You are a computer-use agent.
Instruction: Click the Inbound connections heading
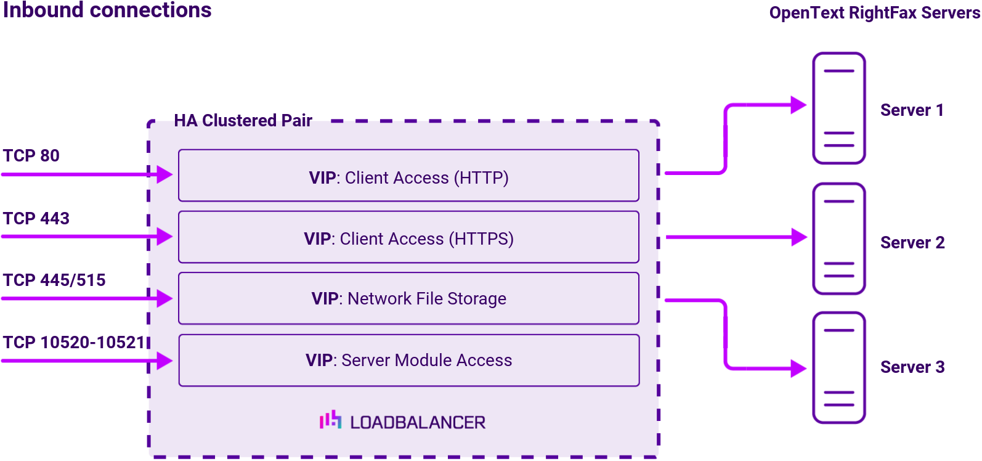tap(107, 10)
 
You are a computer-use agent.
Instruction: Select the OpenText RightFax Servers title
tap(874, 13)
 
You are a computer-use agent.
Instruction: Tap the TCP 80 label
tap(31, 155)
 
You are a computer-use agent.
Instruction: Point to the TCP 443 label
tap(36, 218)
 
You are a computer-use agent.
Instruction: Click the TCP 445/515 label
tap(54, 280)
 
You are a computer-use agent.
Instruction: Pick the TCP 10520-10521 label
tap(74, 342)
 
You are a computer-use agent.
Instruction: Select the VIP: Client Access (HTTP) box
tap(408, 176)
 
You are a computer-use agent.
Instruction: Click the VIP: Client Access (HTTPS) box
tap(408, 237)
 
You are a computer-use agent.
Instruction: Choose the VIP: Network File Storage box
tap(408, 298)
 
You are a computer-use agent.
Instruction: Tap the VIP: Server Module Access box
tap(408, 361)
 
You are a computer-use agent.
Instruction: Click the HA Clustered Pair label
tap(243, 120)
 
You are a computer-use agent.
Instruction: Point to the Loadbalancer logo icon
tap(330, 420)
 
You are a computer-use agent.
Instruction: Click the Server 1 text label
tap(912, 110)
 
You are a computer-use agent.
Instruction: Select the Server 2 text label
tap(912, 242)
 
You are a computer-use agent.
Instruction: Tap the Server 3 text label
tap(912, 367)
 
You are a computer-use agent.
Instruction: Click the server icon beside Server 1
tap(839, 108)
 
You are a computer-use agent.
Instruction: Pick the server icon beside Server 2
tap(839, 239)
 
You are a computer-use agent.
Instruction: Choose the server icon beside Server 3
tap(839, 368)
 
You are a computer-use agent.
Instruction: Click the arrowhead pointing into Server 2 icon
tap(799, 237)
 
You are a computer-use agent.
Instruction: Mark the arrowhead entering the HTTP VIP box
tap(164, 174)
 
